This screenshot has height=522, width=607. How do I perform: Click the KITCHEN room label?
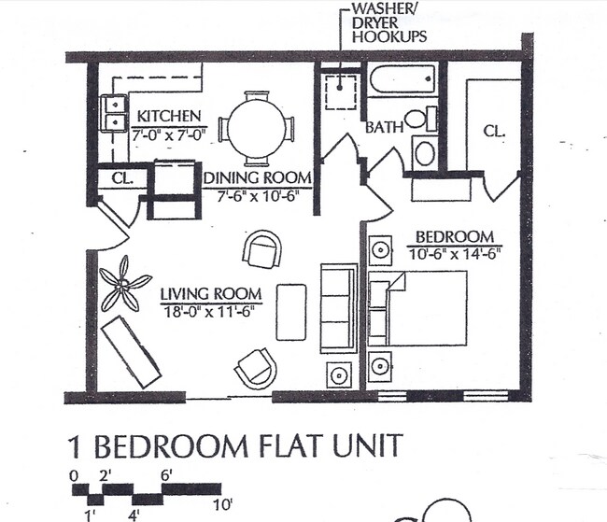click(169, 116)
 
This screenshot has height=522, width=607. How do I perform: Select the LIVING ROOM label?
click(211, 293)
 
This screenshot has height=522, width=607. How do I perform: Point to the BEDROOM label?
click(455, 236)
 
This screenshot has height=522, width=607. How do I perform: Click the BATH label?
click(383, 126)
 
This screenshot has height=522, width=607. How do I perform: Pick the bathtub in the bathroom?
click(402, 81)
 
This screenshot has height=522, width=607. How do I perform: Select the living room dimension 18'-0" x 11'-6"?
click(211, 310)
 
